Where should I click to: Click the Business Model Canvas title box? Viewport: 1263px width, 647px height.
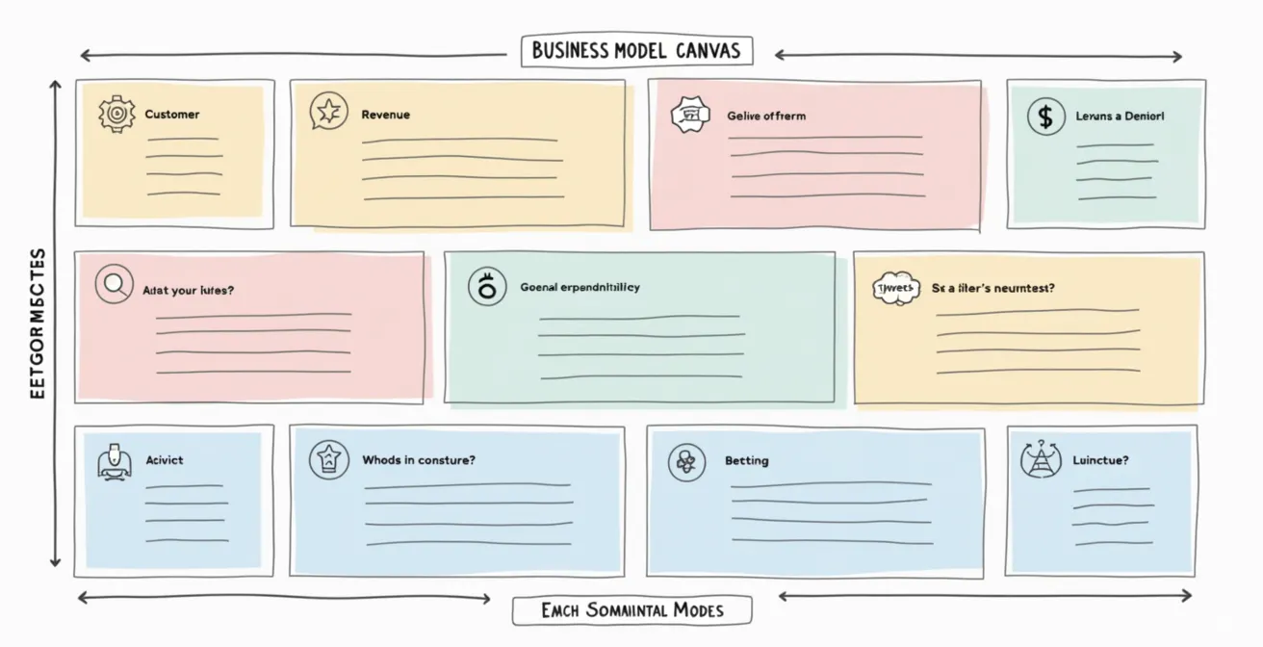click(x=636, y=51)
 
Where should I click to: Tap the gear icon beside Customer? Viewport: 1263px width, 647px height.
click(x=116, y=114)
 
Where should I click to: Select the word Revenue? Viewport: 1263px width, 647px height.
click(x=385, y=115)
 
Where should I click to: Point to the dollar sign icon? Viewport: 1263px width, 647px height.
click(x=1045, y=116)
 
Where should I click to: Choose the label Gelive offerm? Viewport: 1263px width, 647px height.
click(x=766, y=116)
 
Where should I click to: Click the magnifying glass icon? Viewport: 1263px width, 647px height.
click(x=114, y=284)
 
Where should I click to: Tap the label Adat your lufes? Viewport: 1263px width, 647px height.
click(x=188, y=290)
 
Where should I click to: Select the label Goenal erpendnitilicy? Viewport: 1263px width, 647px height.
click(x=580, y=287)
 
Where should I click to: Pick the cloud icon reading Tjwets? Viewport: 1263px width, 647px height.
click(x=896, y=288)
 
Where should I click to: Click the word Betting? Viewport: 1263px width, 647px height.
click(x=746, y=461)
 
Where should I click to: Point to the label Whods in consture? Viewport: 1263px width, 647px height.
click(x=418, y=460)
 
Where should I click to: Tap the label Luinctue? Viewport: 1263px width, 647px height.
click(x=1100, y=460)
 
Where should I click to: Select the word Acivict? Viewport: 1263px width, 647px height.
click(x=164, y=460)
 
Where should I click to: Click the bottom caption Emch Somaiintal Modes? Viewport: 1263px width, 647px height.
click(x=631, y=610)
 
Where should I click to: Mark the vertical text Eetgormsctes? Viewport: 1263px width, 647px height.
click(x=38, y=323)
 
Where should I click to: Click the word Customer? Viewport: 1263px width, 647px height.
click(x=172, y=115)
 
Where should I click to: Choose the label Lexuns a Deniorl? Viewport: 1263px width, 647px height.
click(x=1120, y=116)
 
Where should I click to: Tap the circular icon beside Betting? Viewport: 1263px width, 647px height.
click(x=686, y=462)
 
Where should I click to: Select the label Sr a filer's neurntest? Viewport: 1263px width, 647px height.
click(x=992, y=288)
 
